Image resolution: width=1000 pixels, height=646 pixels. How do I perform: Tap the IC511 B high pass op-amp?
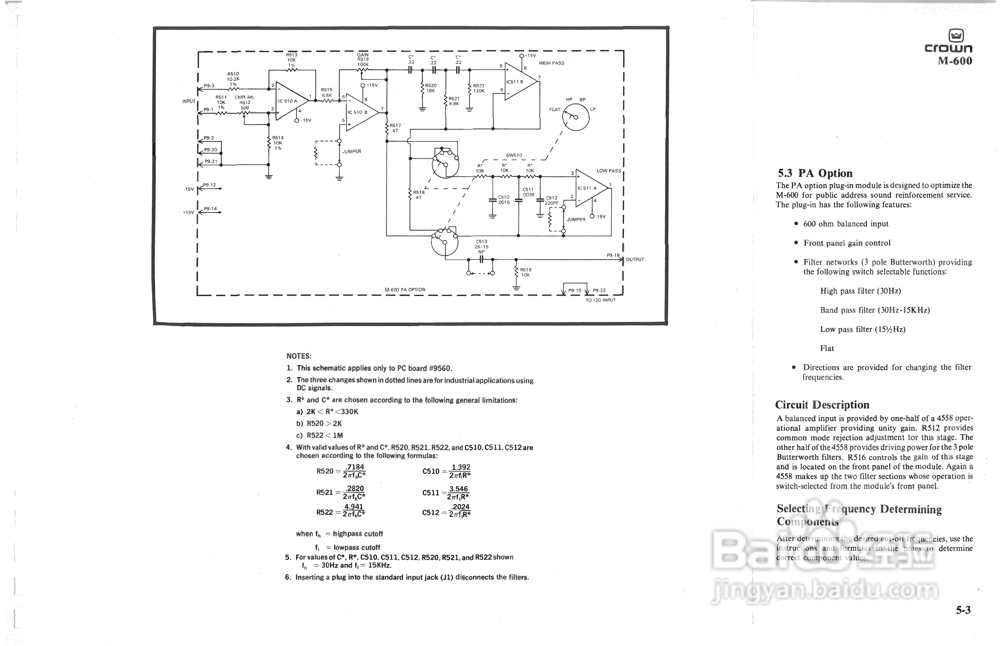point(518,82)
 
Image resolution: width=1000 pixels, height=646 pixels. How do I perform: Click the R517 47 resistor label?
point(395,128)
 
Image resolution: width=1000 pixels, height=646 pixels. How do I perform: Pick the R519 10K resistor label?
point(525,272)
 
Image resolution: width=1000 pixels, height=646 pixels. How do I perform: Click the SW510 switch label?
point(514,155)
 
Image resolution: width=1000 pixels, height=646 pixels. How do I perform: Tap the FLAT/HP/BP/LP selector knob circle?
point(576,117)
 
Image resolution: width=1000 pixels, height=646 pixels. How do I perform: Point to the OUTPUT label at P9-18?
point(635,259)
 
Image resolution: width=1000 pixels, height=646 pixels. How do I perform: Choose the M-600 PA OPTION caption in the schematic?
point(405,290)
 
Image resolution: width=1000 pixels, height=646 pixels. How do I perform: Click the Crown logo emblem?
point(956,35)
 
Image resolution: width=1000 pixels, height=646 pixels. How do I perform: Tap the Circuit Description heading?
point(822,405)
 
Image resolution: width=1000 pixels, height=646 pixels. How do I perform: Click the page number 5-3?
point(963,610)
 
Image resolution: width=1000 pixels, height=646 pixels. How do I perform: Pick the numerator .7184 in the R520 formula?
point(355,467)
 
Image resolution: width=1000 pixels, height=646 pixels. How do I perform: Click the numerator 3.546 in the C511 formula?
point(459,489)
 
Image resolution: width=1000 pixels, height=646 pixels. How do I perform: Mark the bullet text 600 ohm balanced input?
point(845,224)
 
